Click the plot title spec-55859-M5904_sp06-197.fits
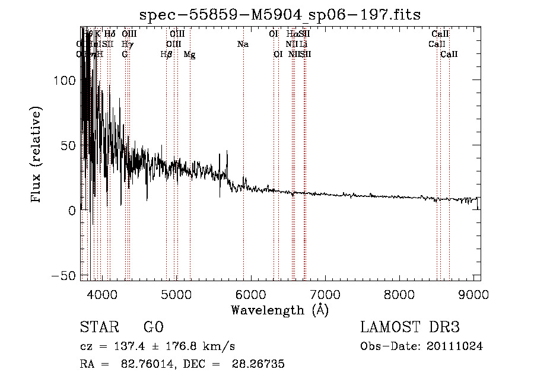tap(280, 14)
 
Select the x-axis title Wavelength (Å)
tap(280, 310)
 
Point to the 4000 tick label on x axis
tap(102, 295)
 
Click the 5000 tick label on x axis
tap(176, 295)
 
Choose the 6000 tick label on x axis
tap(250, 295)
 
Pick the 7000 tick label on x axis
tap(325, 295)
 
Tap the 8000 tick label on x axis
tap(399, 295)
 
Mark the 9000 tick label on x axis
tap(473, 295)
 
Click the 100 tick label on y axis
tap(63, 81)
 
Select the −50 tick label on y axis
tap(63, 276)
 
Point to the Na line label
tap(243, 44)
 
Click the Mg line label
tap(189, 54)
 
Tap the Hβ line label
tap(166, 54)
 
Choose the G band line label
tap(125, 54)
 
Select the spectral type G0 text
tap(154, 327)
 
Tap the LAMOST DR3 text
tap(409, 327)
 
